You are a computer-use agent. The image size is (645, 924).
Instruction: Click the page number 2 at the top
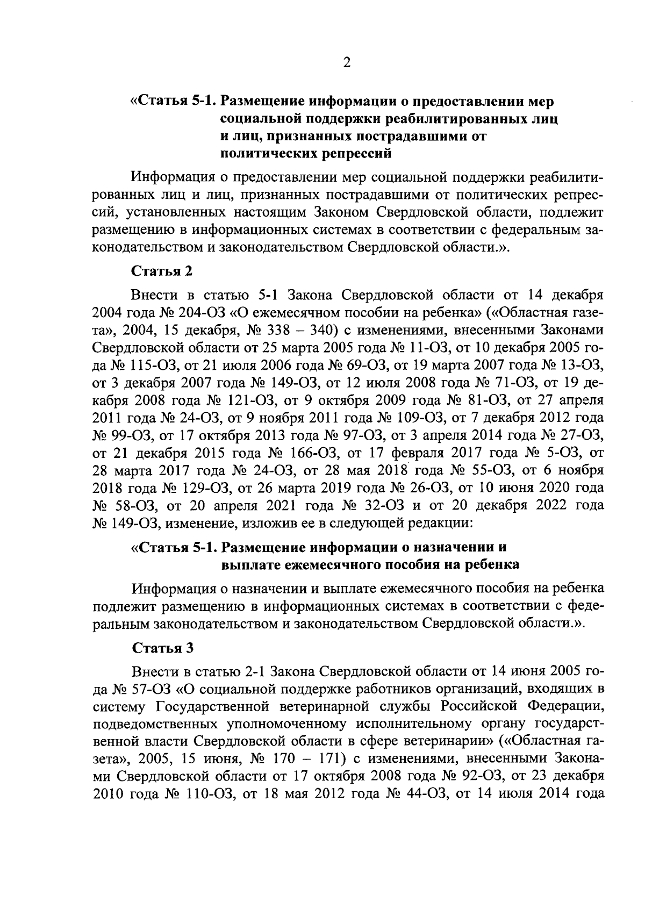point(346,63)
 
